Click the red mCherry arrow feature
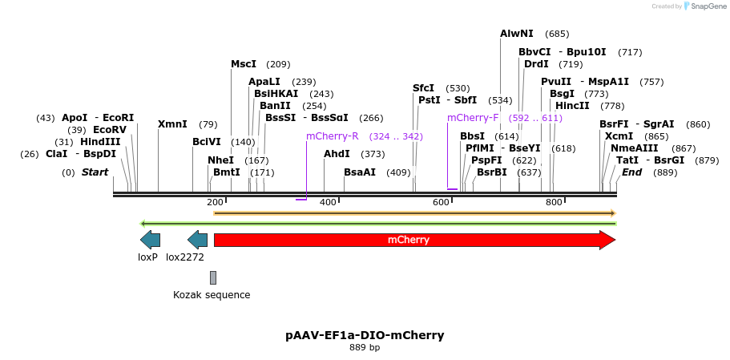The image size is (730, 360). click(409, 240)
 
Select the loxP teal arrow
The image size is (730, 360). click(150, 240)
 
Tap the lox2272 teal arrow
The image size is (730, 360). click(197, 240)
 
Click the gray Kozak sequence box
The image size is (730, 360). click(213, 277)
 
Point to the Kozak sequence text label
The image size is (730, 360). click(212, 295)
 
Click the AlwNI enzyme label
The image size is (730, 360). click(516, 34)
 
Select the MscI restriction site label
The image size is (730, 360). click(244, 64)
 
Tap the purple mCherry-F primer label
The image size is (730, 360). click(473, 118)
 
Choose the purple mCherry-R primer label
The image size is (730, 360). click(332, 136)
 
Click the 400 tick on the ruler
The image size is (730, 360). click(328, 202)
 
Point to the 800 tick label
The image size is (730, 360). click(554, 202)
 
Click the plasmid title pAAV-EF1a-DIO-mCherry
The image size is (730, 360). click(365, 335)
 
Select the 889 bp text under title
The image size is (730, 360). click(365, 348)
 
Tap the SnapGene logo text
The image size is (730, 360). click(704, 6)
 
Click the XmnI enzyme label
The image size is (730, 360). click(172, 124)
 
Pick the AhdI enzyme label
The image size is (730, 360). click(337, 154)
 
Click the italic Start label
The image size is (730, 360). click(95, 172)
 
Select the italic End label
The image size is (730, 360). click(631, 172)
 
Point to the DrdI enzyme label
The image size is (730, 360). click(536, 64)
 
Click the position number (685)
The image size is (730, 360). click(557, 34)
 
